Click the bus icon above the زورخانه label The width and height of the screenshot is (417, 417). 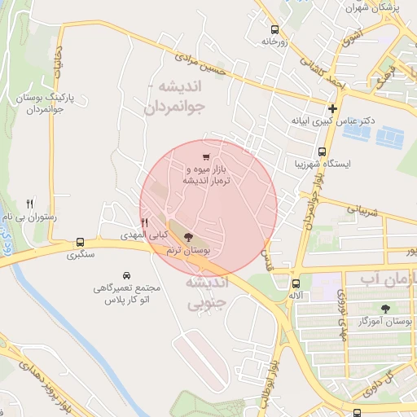(x=274, y=27)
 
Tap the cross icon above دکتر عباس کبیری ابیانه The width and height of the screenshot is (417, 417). (x=332, y=108)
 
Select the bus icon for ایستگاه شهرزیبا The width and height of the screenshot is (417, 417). (x=323, y=151)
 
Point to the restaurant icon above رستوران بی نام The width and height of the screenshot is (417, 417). (x=30, y=203)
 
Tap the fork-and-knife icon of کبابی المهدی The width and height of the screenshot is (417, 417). (x=145, y=222)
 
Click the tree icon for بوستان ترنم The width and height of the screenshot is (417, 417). (x=189, y=237)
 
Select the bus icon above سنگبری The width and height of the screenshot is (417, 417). (x=80, y=242)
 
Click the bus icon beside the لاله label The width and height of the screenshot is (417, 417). (x=296, y=283)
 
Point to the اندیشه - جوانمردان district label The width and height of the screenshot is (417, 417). (x=184, y=97)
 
